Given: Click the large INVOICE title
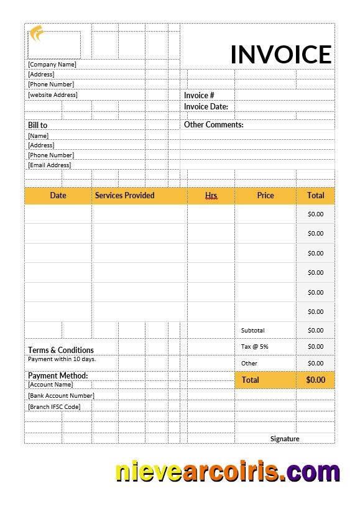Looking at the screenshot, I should coord(280,54).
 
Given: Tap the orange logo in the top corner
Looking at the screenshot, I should coord(37,33).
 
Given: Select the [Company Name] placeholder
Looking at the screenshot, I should coord(52,64).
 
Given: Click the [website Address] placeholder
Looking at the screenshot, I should coord(53,94).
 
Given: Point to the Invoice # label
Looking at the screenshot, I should coord(199,95).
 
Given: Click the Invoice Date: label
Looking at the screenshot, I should coord(206,106).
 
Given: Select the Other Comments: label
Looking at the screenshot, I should coord(213,124).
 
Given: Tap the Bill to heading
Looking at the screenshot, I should coord(37,125).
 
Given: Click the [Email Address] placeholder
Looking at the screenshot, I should coord(50,165).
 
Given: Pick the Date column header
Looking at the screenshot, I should coord(58,195).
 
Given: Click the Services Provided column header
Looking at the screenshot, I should coord(124,195).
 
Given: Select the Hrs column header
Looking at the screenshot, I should coord(211,195).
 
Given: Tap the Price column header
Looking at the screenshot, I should coord(265,195).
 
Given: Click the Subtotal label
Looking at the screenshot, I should coord(252,330).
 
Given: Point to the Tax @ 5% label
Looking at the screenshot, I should coord(254,346).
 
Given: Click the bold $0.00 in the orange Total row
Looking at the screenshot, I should coord(315,380).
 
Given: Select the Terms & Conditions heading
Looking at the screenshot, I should coord(61,350).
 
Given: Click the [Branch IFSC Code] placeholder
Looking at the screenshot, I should coord(54,406).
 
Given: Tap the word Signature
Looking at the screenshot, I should coord(285,438).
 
